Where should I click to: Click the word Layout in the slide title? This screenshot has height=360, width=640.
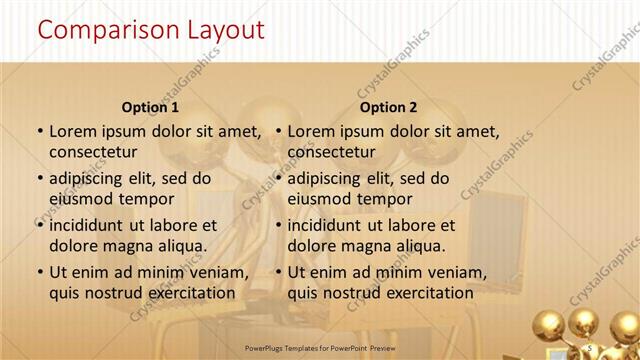pos(222,30)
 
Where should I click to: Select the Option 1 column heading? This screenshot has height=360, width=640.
pos(151,107)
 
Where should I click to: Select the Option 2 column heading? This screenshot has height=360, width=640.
pos(389,107)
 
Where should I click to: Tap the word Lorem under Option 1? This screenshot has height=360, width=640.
pos(72,131)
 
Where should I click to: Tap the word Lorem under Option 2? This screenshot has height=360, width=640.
pos(311,131)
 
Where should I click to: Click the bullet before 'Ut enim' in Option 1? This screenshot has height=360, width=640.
pos(39,272)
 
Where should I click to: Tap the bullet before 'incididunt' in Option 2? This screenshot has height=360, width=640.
pos(278,225)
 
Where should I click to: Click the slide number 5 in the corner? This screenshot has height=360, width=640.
pos(591,347)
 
